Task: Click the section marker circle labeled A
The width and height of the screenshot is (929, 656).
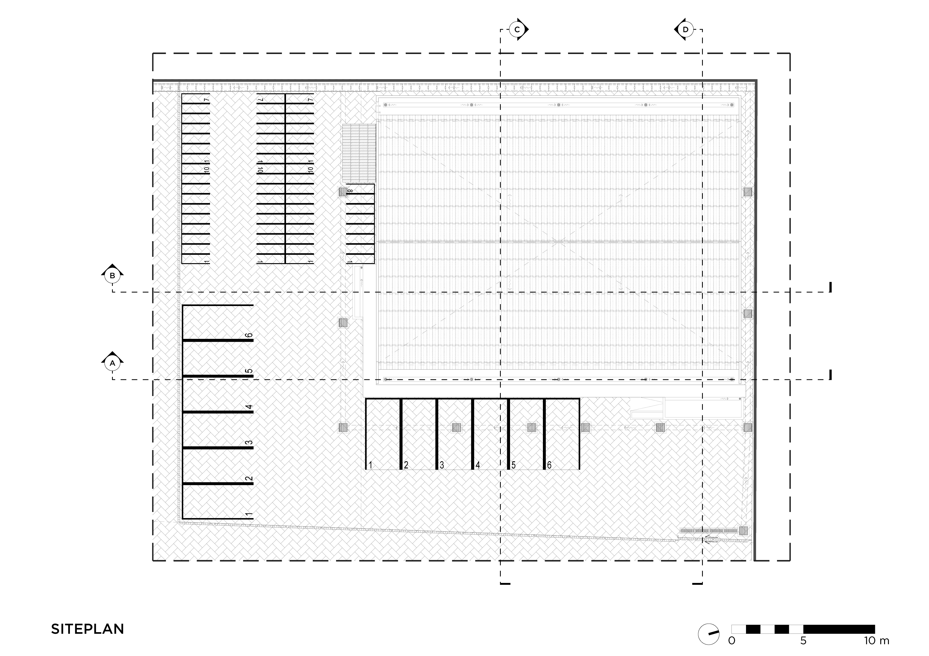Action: (x=113, y=363)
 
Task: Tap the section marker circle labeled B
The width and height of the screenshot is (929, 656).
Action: (x=113, y=276)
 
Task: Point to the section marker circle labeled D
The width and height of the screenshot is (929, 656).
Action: (x=685, y=30)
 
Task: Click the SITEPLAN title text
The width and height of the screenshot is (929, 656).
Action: (x=87, y=629)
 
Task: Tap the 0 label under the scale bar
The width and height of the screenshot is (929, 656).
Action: (x=731, y=641)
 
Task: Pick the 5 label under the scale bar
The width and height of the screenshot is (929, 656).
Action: (x=803, y=641)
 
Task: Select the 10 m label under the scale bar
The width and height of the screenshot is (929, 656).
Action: (x=877, y=641)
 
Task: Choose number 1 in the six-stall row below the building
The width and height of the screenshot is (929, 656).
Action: (x=370, y=465)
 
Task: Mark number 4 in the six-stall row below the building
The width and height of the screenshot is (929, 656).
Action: (x=478, y=465)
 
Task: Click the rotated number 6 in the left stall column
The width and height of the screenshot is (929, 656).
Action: (x=249, y=335)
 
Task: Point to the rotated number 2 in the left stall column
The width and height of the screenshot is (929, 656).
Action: (x=249, y=478)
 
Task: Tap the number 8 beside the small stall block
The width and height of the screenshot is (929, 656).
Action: (x=350, y=191)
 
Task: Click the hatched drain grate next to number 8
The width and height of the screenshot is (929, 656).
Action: (x=343, y=192)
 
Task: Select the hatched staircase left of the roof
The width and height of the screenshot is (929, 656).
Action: (x=359, y=153)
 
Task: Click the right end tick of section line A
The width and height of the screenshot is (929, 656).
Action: (x=830, y=375)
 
